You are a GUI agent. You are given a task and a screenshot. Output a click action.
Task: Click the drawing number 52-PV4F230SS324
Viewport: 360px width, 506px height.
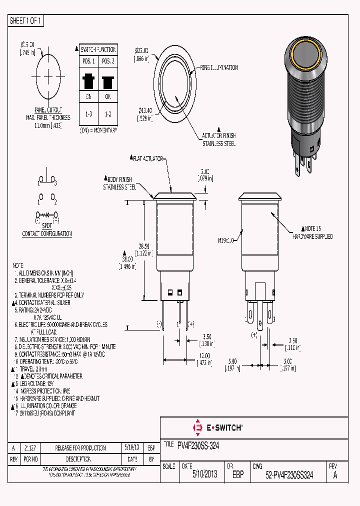[289, 475]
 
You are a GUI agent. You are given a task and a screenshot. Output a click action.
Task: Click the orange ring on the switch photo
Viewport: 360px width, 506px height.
[303, 54]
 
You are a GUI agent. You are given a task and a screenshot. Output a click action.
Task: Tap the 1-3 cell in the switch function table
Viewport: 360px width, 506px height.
[88, 114]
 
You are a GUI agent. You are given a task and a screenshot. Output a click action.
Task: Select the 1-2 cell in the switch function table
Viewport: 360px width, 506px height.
[108, 114]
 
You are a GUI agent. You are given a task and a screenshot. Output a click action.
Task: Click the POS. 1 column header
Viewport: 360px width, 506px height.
[88, 61]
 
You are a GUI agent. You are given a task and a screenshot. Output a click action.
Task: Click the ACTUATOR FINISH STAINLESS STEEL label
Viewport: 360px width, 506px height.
[218, 139]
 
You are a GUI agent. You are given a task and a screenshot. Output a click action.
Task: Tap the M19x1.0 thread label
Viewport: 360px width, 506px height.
[226, 240]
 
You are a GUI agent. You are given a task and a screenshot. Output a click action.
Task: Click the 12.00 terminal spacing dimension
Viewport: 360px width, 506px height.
[203, 358]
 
